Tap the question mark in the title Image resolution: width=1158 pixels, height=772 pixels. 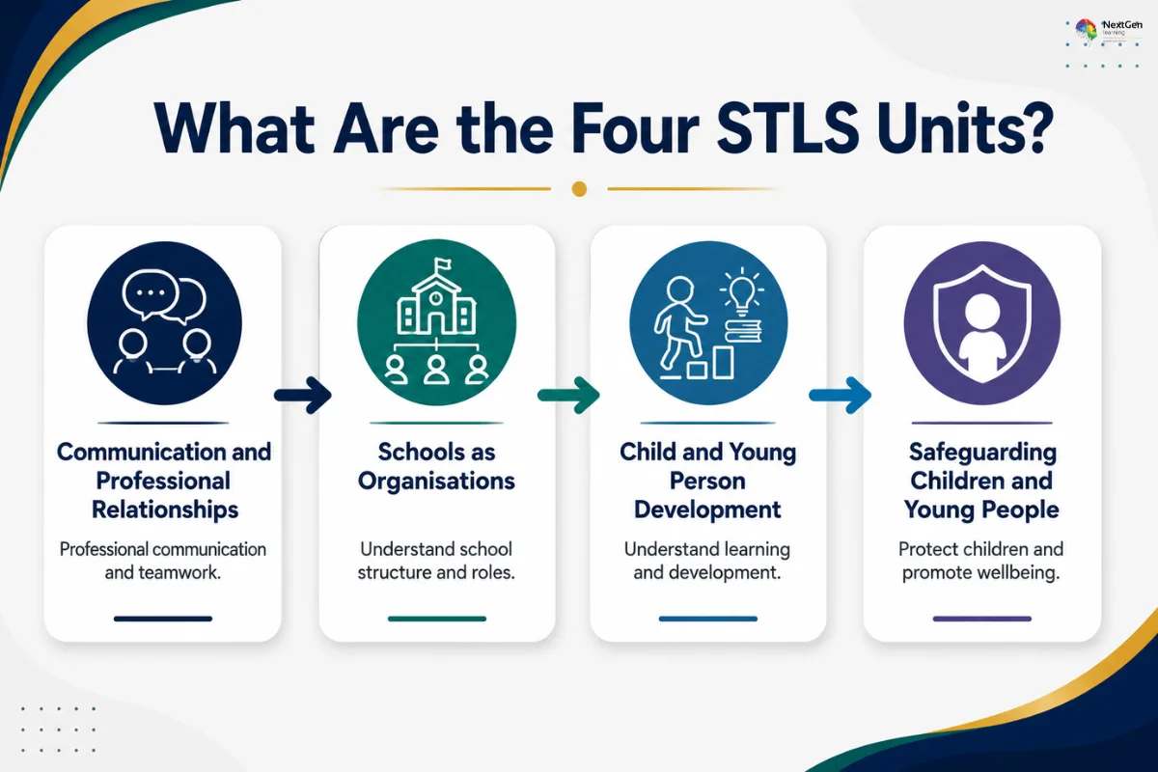click(x=1033, y=128)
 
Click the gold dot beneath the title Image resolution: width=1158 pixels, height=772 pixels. click(x=579, y=189)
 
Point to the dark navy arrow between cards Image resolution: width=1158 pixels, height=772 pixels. click(x=303, y=396)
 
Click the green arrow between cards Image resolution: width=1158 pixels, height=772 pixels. click(x=568, y=396)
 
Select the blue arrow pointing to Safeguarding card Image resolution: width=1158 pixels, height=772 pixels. click(x=841, y=396)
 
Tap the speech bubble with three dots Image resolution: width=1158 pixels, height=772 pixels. click(x=151, y=294)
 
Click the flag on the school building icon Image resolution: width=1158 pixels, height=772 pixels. click(x=443, y=264)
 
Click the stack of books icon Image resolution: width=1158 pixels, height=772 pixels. click(x=743, y=331)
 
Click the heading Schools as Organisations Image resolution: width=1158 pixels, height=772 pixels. click(x=436, y=466)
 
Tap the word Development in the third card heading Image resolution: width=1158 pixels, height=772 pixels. click(x=707, y=510)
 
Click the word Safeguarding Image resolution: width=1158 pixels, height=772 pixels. click(x=982, y=453)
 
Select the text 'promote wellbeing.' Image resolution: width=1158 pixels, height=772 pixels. click(x=980, y=573)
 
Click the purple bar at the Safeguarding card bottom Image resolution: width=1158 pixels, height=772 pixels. click(x=981, y=619)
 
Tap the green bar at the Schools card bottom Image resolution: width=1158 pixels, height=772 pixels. click(x=437, y=619)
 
